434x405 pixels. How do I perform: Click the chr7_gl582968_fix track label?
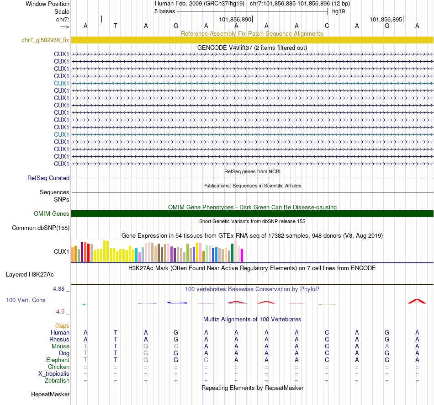tap(45, 40)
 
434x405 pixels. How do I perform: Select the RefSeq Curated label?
tap(48, 178)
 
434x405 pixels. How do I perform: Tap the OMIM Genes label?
tap(51, 213)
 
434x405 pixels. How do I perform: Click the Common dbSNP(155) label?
tap(41, 228)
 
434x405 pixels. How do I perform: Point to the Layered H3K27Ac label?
tap(30, 275)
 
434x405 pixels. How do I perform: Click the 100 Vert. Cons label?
tap(26, 300)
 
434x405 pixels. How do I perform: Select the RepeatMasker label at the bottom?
tap(50, 394)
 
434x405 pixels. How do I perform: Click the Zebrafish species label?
tap(57, 380)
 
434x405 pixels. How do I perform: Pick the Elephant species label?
tap(58, 360)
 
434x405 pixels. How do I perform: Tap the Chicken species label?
tap(58, 367)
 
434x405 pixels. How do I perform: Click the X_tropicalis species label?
tap(54, 373)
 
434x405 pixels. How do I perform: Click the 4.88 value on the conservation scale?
tap(59, 289)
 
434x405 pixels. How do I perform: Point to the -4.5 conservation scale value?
tap(60, 312)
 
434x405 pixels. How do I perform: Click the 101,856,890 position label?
tap(235, 20)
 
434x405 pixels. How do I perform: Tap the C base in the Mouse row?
tap(176, 346)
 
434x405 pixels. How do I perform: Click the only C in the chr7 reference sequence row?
tap(327, 26)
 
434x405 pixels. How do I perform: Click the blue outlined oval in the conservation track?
tap(177, 303)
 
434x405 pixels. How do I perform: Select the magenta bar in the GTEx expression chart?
tap(242, 255)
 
